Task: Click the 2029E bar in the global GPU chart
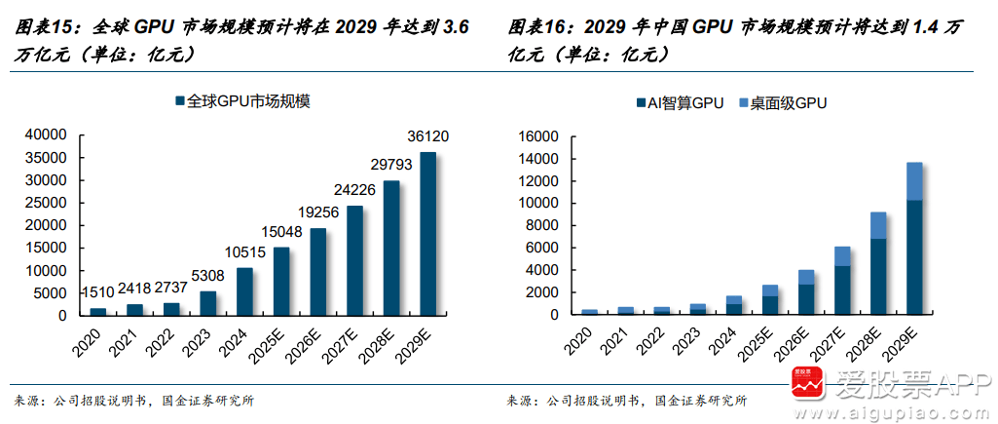[x=428, y=234]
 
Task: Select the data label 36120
[x=428, y=135]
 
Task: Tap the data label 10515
[x=244, y=252]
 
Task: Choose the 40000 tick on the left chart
[x=46, y=135]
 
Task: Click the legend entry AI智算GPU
[x=679, y=102]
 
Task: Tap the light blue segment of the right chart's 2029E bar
[x=914, y=181]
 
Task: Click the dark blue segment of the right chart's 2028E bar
[x=878, y=276]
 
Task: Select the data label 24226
[x=355, y=189]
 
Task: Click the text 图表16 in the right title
[x=533, y=29]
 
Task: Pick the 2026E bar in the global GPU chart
[x=318, y=271]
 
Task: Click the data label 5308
[x=206, y=276]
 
